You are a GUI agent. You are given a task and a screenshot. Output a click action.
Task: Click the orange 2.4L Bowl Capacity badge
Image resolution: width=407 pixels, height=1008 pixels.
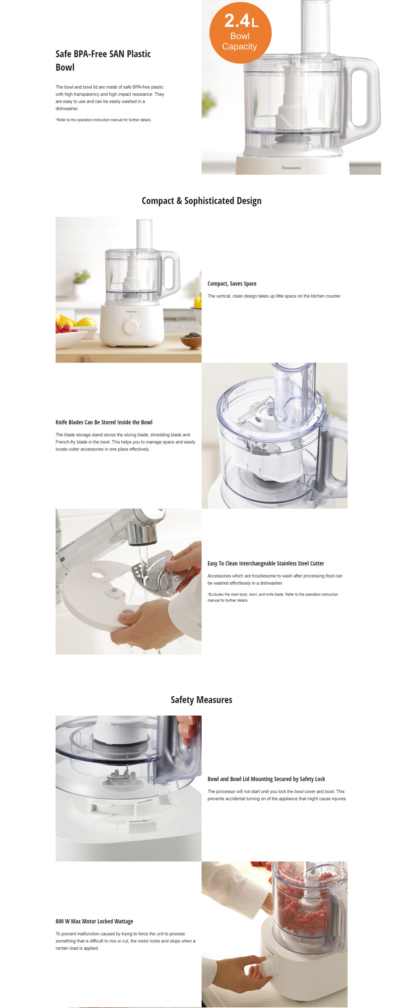tap(240, 32)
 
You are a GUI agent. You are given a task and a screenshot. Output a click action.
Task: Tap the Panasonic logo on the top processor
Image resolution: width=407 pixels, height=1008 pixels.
tap(291, 168)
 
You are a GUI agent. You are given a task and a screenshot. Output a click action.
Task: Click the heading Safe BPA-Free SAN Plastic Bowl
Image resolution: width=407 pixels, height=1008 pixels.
tap(103, 60)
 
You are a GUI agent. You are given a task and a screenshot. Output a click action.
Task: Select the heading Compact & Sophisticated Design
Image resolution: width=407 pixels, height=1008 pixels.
tap(202, 201)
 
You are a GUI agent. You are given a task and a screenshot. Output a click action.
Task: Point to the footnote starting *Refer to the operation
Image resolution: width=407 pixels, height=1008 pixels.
tap(103, 120)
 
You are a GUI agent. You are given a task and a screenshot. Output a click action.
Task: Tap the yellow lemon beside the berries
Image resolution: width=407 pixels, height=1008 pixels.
tap(86, 322)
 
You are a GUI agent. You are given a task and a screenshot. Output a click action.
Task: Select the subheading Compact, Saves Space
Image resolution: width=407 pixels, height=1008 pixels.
tap(232, 284)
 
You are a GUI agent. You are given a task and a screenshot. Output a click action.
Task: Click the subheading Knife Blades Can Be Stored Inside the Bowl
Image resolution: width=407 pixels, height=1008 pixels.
tap(104, 422)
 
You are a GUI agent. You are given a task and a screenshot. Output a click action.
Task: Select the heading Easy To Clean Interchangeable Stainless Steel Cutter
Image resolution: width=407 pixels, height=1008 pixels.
tap(266, 564)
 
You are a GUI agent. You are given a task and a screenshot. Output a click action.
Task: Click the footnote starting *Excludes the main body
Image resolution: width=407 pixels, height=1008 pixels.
tap(272, 597)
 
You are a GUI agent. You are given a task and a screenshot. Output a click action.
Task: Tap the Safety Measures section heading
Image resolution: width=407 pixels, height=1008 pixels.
tap(202, 699)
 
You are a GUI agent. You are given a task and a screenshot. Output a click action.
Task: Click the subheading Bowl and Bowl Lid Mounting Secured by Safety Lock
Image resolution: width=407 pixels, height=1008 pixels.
tap(266, 779)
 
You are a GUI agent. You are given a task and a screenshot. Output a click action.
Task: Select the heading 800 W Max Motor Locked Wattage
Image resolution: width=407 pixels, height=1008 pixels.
tap(94, 921)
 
